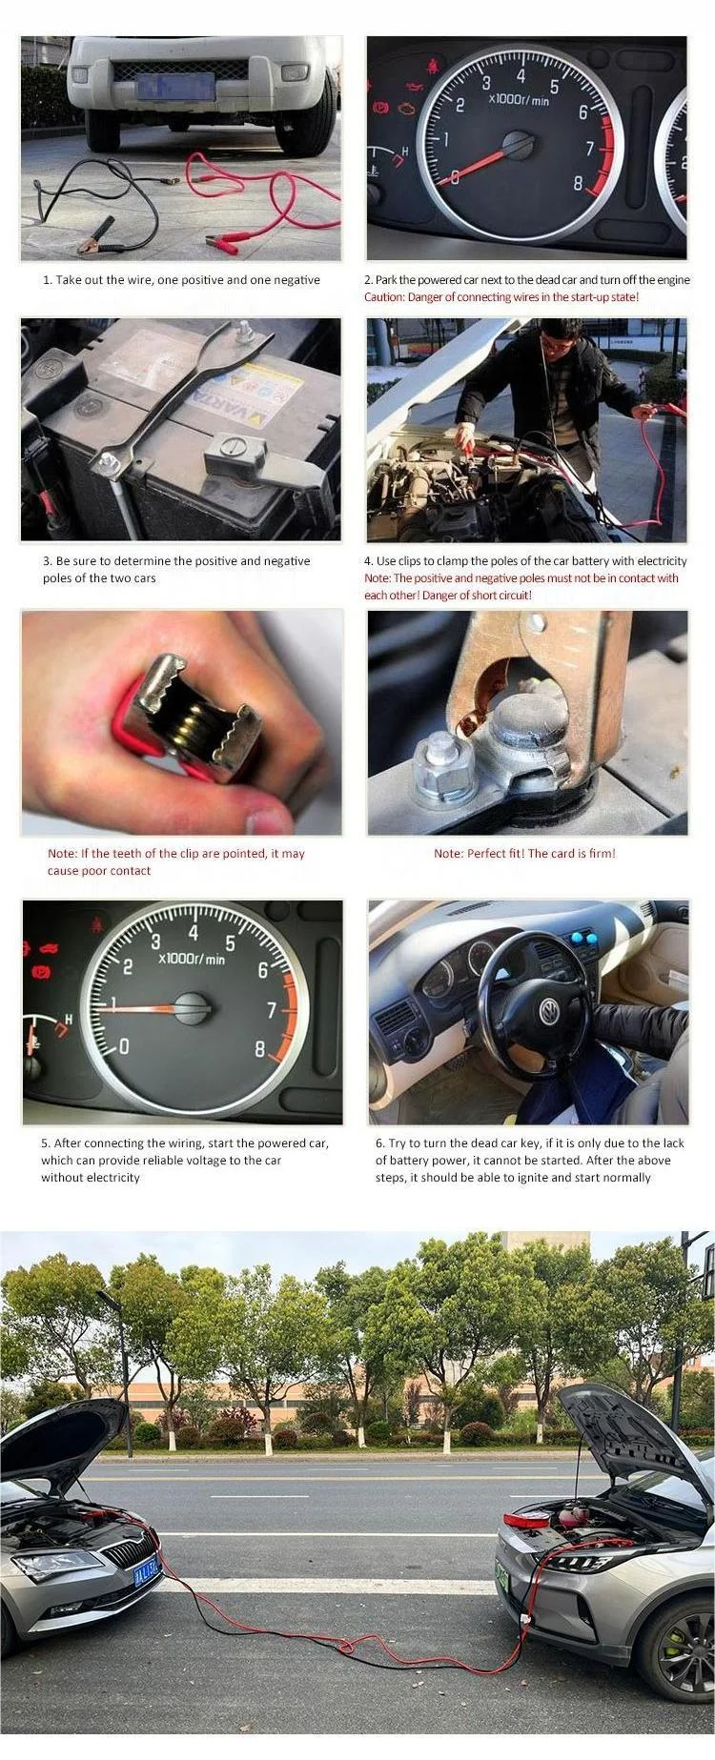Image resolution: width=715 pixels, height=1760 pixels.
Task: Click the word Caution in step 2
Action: click(387, 297)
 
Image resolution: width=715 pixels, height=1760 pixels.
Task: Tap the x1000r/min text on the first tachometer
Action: click(520, 99)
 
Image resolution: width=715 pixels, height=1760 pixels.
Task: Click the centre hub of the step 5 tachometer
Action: click(194, 1007)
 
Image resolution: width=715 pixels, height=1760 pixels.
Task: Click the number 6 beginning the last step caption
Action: click(379, 1143)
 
